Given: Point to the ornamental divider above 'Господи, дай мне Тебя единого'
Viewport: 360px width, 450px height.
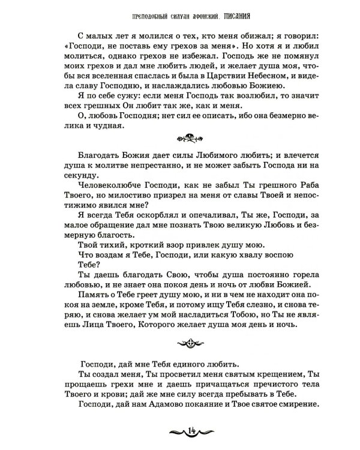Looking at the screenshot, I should (180, 343).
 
